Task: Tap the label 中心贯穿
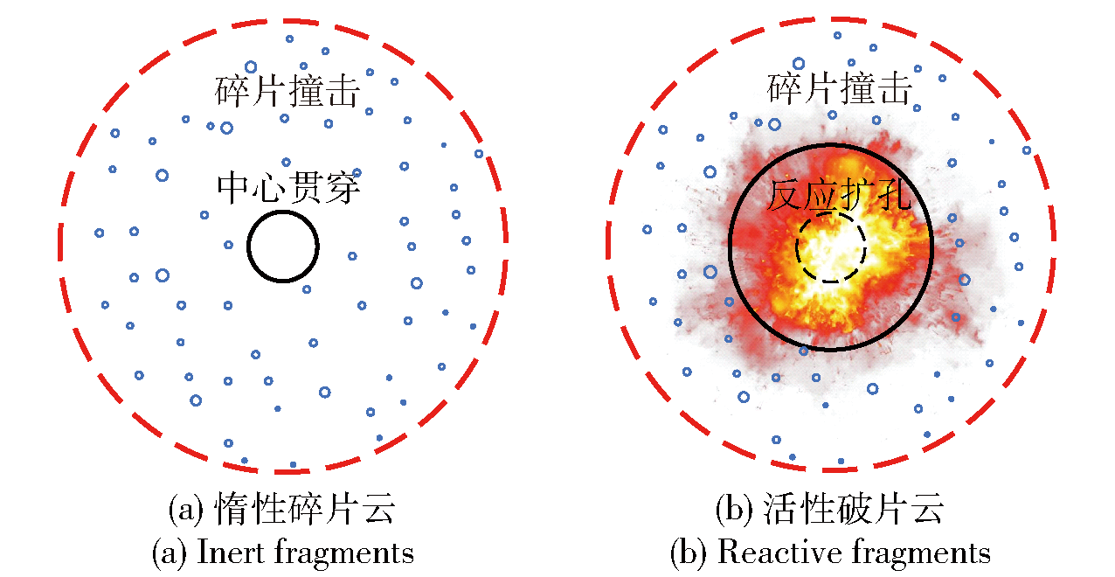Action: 288,188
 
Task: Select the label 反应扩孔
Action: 840,195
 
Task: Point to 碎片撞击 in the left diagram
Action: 287,91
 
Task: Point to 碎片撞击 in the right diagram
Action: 840,88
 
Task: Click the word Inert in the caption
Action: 231,552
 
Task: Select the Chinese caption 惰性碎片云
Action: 305,509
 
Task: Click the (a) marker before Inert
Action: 170,553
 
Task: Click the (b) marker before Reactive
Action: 689,553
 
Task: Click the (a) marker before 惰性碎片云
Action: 186,509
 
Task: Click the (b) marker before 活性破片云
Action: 734,509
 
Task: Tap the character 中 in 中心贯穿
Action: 234,188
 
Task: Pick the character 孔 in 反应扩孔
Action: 895,195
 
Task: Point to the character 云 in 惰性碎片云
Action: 378,509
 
